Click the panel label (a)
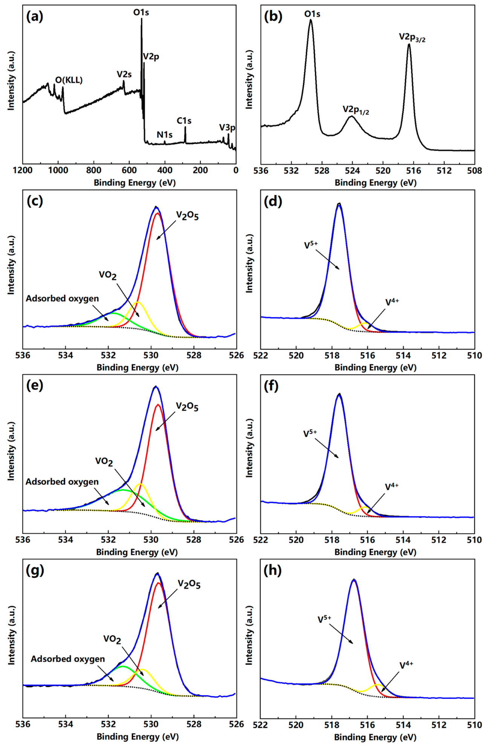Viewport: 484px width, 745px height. (x=35, y=17)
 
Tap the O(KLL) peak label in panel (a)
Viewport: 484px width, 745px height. (x=69, y=80)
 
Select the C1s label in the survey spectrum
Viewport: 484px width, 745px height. (x=184, y=121)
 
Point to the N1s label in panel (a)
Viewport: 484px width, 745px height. (x=165, y=135)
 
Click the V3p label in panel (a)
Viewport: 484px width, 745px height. (x=227, y=128)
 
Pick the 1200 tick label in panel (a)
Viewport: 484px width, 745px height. (x=22, y=170)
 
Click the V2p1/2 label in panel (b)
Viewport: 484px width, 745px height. (x=355, y=110)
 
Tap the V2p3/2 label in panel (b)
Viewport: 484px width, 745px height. (x=412, y=37)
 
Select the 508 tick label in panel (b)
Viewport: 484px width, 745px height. (x=474, y=170)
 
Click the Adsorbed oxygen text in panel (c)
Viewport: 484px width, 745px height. (x=62, y=298)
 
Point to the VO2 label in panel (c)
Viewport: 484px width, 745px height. (x=107, y=275)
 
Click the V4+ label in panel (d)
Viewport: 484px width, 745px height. (x=392, y=302)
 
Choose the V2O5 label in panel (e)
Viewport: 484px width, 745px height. (x=187, y=407)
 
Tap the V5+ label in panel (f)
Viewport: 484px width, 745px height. (x=310, y=433)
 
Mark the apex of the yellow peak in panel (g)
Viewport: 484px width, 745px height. (x=142, y=669)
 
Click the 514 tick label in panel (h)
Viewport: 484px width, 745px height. (x=403, y=724)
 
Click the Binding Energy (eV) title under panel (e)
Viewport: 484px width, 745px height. (x=137, y=552)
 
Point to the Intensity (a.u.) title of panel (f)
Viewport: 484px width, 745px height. (x=249, y=448)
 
